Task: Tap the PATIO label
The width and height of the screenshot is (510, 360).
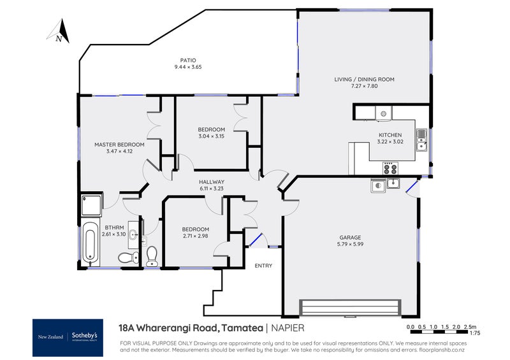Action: (188, 61)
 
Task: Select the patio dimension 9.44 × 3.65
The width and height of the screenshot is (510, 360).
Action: (188, 67)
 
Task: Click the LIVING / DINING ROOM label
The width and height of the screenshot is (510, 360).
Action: (364, 80)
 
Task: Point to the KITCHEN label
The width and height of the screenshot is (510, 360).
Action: (390, 135)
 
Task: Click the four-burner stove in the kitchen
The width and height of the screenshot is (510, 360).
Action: (390, 168)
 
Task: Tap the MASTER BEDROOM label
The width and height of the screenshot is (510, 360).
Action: (119, 145)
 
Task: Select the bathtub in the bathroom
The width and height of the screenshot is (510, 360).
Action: (90, 243)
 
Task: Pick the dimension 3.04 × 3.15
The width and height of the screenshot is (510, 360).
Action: (212, 136)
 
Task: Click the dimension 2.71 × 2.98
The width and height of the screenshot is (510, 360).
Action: (195, 236)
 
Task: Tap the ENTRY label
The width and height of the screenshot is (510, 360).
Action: (263, 266)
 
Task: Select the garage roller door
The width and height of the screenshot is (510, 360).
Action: (352, 307)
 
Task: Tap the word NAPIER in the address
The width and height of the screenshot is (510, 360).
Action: (286, 328)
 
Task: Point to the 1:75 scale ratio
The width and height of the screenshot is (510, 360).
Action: (474, 333)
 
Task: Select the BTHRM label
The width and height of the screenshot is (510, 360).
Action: (114, 227)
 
